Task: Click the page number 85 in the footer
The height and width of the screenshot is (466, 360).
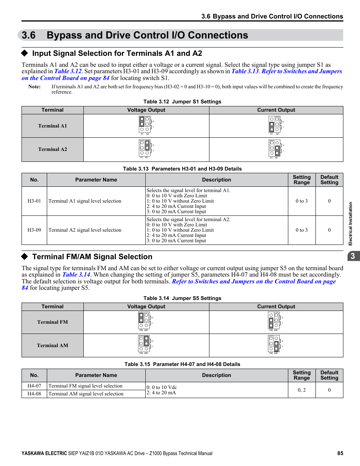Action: tap(340, 453)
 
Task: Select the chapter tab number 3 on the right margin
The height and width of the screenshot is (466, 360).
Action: tap(353, 256)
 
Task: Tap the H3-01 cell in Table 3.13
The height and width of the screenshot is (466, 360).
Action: tap(34, 201)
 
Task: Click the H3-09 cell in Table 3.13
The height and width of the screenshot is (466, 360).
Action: tap(34, 230)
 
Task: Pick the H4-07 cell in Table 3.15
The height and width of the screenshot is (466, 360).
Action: tap(34, 386)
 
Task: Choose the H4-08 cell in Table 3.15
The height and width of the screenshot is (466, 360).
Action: tap(34, 394)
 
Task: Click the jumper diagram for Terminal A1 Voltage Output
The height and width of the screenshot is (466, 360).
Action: tap(146, 125)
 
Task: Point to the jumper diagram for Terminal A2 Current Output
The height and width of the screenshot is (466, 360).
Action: tap(275, 149)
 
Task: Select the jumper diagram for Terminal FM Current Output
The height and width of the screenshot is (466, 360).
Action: tap(275, 322)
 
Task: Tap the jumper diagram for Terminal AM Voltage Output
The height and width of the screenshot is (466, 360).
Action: tap(145, 345)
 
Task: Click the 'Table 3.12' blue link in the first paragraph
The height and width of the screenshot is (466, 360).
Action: tap(68, 71)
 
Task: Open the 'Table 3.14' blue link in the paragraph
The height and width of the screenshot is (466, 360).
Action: tap(76, 275)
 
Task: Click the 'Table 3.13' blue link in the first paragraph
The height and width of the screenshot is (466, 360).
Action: tap(245, 71)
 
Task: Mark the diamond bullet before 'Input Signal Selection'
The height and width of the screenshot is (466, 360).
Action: tap(25, 53)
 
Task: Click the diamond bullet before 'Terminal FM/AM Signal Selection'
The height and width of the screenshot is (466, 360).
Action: tap(25, 257)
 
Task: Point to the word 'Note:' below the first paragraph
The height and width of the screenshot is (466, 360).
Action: tap(34, 87)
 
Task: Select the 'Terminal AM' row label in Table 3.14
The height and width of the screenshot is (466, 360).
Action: tap(52, 345)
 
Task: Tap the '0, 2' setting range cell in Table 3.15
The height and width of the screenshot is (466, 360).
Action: tap(302, 390)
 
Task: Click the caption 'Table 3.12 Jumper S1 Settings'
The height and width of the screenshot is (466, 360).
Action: tap(182, 102)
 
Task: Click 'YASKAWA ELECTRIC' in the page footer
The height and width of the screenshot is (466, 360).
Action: tap(44, 453)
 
